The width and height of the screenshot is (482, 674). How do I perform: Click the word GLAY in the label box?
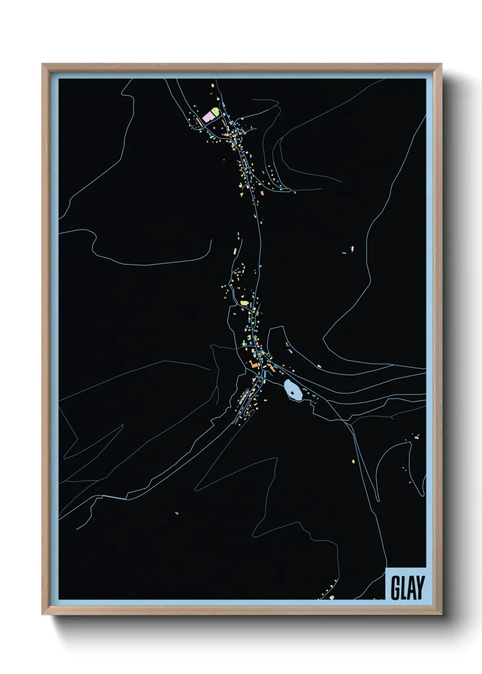407,587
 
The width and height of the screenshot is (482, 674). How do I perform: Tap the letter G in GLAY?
395,587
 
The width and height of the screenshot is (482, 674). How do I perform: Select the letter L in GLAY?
403,587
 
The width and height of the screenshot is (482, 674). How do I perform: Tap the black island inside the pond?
292,390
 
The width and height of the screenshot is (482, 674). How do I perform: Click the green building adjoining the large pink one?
215,111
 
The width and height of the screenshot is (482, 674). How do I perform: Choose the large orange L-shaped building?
253,364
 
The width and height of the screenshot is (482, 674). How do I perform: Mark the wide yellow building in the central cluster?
244,303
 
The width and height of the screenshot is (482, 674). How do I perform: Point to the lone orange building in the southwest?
176,513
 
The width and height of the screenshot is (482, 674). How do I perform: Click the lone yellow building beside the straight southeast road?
353,461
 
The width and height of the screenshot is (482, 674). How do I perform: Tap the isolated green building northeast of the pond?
319,366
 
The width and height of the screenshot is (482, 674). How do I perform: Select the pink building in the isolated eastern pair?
352,249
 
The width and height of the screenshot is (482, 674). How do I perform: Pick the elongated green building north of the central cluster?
235,251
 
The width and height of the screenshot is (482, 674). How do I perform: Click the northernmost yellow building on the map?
212,85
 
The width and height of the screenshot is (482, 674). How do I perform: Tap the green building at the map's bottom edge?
332,597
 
